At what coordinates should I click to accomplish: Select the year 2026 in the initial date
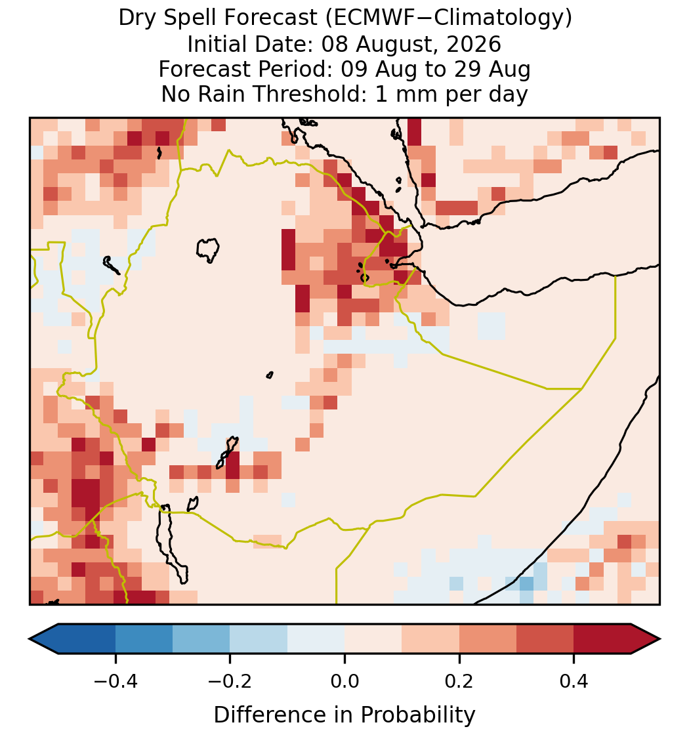pyautogui.click(x=474, y=44)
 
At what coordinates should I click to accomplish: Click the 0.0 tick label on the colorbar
pyautogui.click(x=344, y=680)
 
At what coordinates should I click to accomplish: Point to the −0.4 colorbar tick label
pyautogui.click(x=115, y=680)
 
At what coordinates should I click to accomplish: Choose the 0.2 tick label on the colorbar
pyautogui.click(x=459, y=680)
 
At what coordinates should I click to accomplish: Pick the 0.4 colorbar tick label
pyautogui.click(x=574, y=680)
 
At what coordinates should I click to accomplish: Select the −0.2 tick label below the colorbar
pyautogui.click(x=230, y=680)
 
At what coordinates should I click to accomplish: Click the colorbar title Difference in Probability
pyautogui.click(x=344, y=715)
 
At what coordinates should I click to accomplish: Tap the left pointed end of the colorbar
pyautogui.click(x=30, y=639)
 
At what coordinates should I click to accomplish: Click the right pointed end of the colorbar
pyautogui.click(x=659, y=639)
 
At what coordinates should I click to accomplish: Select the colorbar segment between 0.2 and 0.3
pyautogui.click(x=488, y=639)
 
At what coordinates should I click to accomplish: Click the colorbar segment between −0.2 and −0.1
pyautogui.click(x=259, y=639)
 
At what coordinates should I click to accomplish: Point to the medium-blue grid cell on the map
pyautogui.click(x=526, y=583)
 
